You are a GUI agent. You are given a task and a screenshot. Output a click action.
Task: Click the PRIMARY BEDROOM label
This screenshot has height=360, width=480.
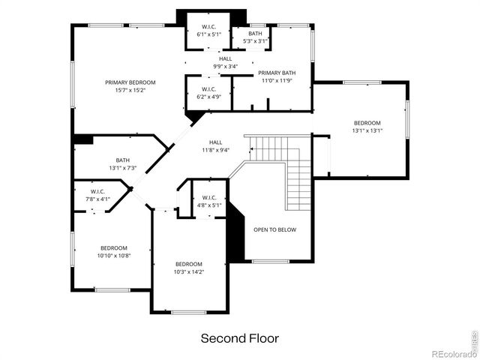click(130, 82)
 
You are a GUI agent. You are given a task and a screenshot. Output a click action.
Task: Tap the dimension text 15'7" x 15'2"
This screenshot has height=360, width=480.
click(130, 90)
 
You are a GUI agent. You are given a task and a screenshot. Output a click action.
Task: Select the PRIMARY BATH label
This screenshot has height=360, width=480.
click(277, 73)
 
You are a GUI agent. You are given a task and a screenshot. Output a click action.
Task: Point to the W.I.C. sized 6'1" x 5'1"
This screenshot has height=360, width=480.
click(208, 31)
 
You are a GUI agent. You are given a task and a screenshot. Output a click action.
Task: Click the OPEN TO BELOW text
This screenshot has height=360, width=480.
click(274, 229)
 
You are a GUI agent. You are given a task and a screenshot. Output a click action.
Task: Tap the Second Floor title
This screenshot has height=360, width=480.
click(239, 338)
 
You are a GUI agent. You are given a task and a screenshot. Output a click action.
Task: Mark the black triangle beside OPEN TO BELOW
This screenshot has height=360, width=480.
click(235, 232)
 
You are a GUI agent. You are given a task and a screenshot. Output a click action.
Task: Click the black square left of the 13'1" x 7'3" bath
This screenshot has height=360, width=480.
click(82, 139)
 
